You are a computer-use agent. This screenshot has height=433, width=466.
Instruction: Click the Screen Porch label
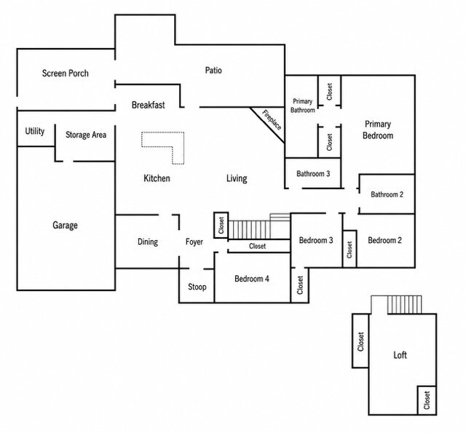pos(66,74)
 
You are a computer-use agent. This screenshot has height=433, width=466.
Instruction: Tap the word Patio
pos(213,71)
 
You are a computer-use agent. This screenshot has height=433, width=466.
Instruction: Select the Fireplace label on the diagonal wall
pos(272,120)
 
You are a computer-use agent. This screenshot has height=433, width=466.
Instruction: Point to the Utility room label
pos(35,131)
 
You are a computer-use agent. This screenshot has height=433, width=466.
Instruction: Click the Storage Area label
pos(86,135)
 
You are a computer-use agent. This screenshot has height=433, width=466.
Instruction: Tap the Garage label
pos(65,225)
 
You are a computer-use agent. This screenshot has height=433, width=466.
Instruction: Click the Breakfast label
pos(149,105)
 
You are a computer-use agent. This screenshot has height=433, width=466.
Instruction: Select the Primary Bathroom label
pos(303,106)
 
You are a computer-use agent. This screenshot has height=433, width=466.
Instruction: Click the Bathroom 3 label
pos(313,173)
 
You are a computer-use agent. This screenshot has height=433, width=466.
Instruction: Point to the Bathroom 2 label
pos(387,194)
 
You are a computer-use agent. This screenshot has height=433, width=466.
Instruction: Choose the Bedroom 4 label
pos(252,279)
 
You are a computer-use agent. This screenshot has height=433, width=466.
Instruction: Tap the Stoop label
pos(197,287)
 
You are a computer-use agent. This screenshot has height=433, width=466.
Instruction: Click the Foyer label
pos(194,242)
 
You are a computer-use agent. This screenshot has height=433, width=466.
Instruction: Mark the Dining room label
pos(148,242)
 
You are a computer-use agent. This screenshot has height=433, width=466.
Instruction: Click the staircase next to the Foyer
pos(259,226)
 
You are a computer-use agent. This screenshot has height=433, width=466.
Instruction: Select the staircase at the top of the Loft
pos(405,304)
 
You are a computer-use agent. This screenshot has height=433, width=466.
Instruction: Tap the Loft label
pos(400,355)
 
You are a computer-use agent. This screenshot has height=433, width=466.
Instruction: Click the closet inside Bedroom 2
pos(349,249)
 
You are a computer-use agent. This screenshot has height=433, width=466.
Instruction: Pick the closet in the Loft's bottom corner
pos(427,400)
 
